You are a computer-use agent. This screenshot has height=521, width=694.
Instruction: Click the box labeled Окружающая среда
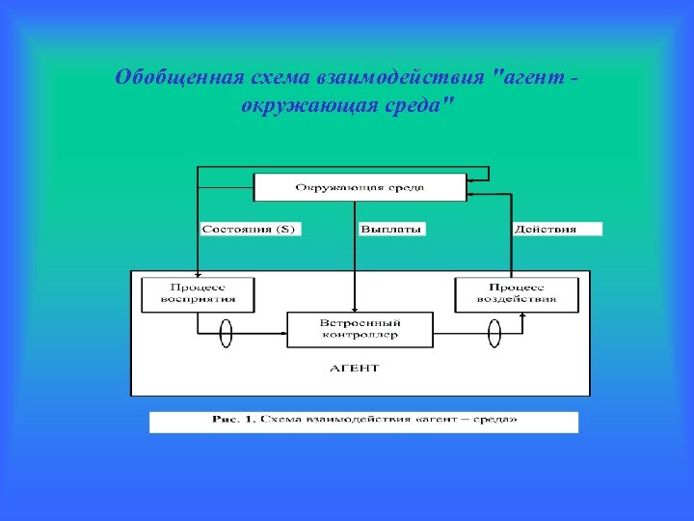click(x=360, y=187)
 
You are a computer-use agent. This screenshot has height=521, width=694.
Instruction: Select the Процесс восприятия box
click(x=198, y=293)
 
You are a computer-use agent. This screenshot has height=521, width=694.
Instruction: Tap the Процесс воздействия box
click(x=517, y=293)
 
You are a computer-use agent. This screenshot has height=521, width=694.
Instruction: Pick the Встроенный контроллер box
click(x=359, y=329)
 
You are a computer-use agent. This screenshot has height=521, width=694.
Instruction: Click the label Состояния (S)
click(x=250, y=230)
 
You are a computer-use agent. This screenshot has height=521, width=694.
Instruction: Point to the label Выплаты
click(x=391, y=230)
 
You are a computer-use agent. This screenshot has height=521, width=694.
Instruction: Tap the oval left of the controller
click(x=227, y=333)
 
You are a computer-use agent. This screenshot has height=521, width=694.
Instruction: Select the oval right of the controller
click(x=494, y=333)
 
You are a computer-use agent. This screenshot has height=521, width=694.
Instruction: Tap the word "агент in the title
click(x=526, y=77)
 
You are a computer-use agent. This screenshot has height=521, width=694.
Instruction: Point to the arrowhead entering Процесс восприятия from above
click(x=198, y=273)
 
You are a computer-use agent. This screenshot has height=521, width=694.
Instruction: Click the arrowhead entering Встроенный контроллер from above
click(x=356, y=308)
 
